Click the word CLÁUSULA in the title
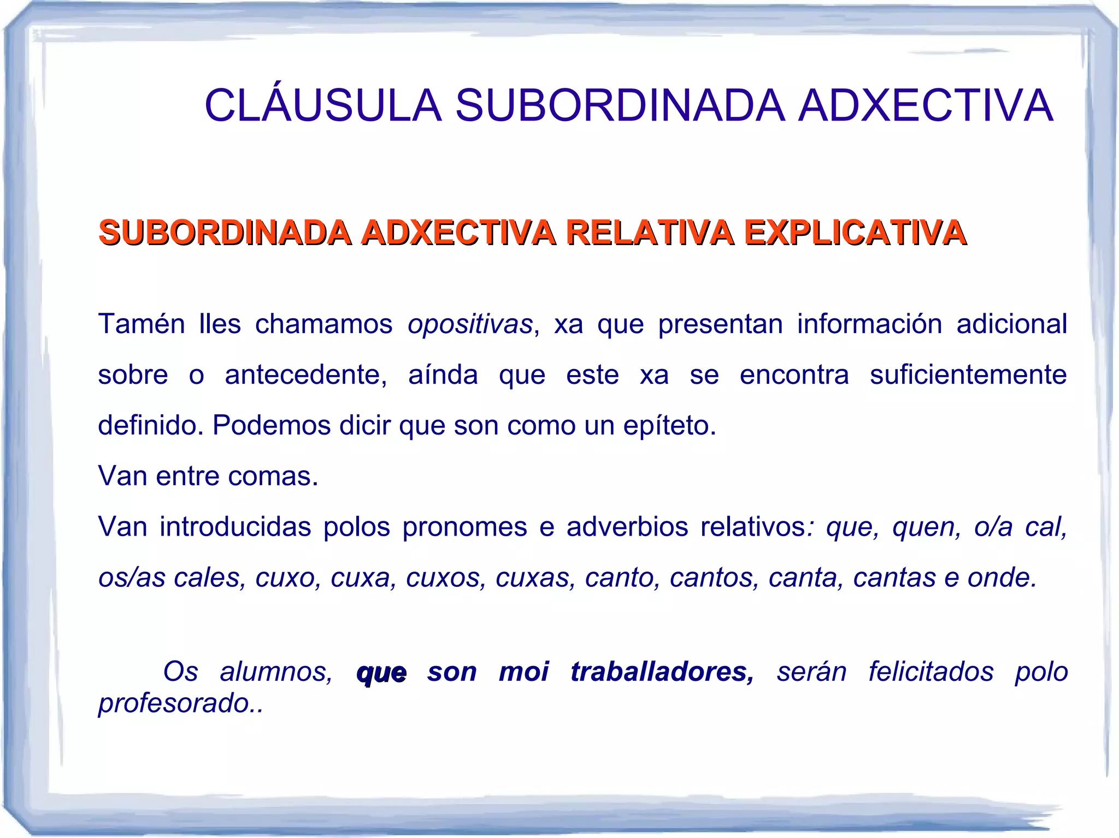pyautogui.click(x=323, y=105)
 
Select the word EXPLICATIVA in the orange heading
pyautogui.click(x=855, y=233)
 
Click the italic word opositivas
pyautogui.click(x=470, y=324)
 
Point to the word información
pyautogui.click(x=869, y=324)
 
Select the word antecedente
pyautogui.click(x=305, y=375)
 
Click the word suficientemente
pyautogui.click(x=968, y=375)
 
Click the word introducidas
pyautogui.click(x=235, y=527)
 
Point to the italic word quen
pyautogui.click(x=926, y=527)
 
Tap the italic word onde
pyautogui.click(x=1002, y=578)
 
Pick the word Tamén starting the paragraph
pyautogui.click(x=142, y=324)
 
